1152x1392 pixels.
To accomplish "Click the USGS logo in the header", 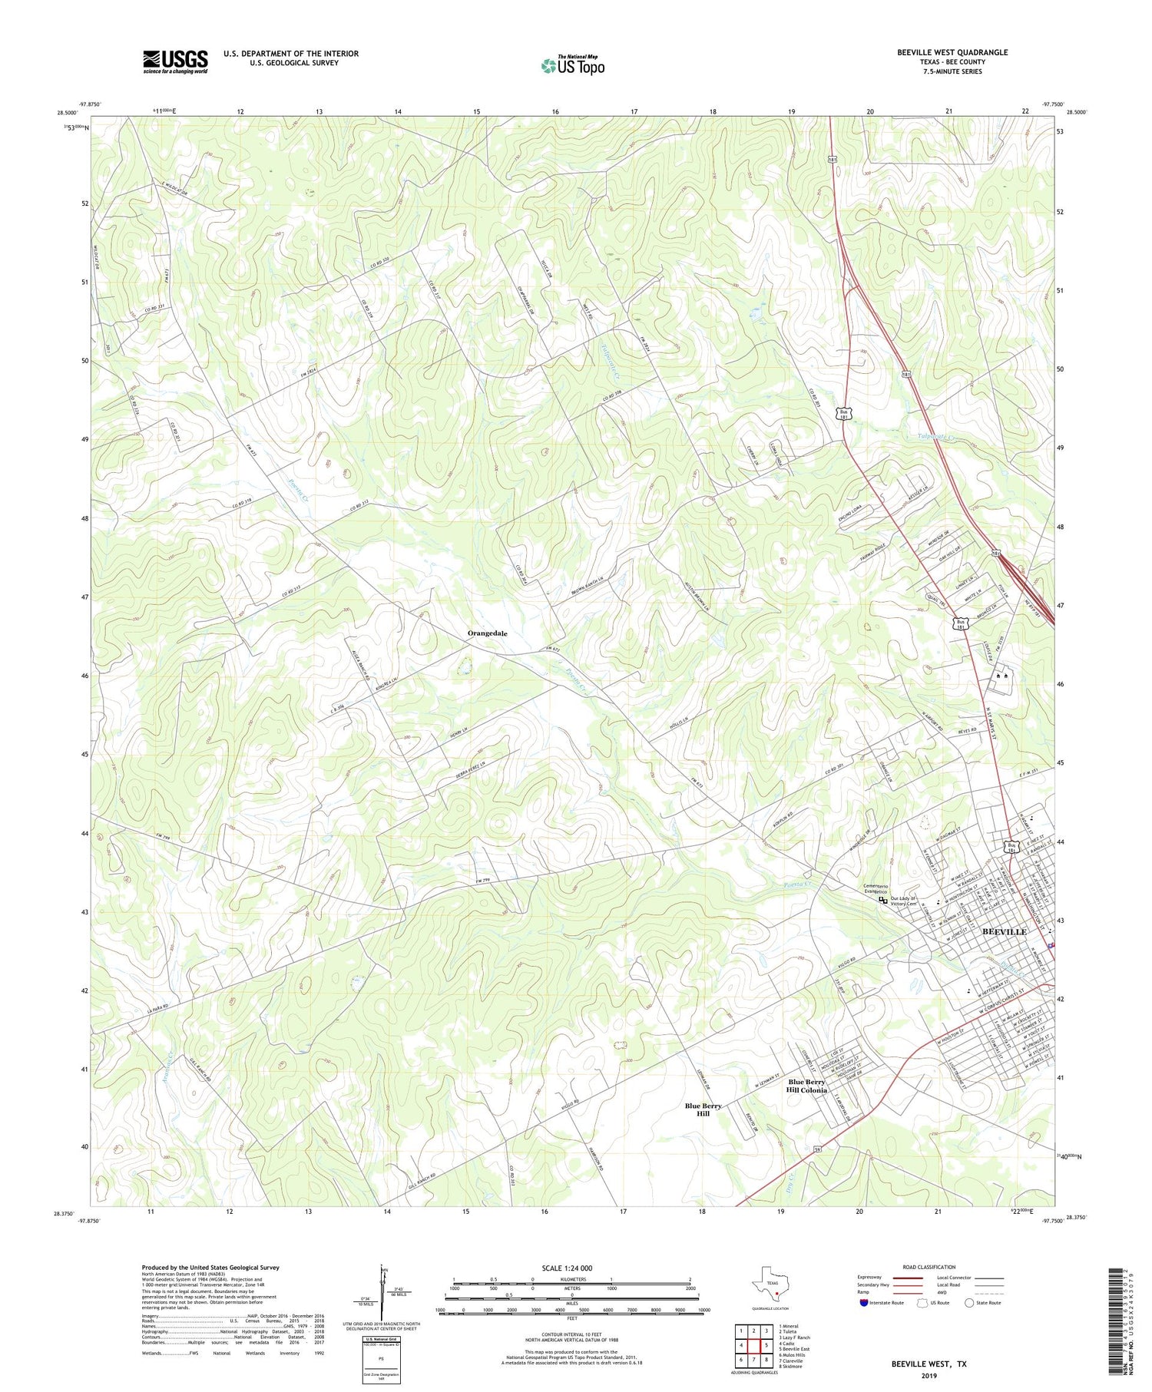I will coord(175,61).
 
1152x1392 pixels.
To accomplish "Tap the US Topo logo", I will coord(572,66).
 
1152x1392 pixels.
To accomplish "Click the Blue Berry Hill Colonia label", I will coord(806,1086).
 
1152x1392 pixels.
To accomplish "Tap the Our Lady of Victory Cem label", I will coord(904,901).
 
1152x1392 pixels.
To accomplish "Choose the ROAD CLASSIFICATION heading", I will coord(929,1267).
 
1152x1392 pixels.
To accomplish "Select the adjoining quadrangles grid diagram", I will coord(754,1345).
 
